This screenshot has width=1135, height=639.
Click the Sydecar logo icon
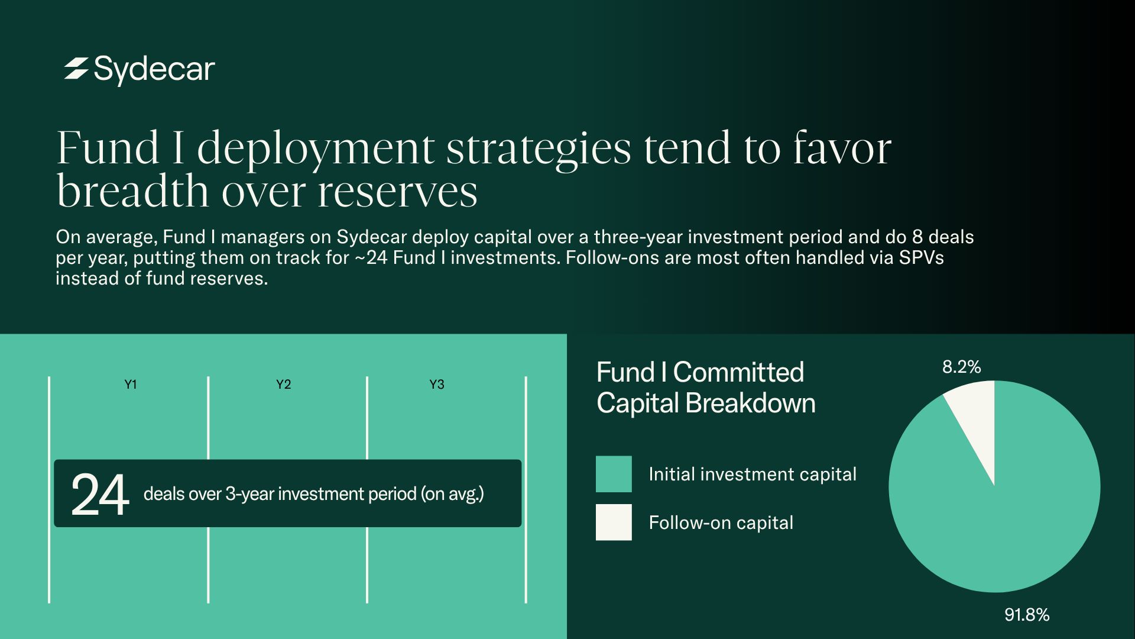tap(76, 69)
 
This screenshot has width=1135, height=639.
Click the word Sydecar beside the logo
tap(154, 70)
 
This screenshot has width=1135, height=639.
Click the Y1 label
tap(131, 385)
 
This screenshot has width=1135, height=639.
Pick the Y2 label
tap(284, 385)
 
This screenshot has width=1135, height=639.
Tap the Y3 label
tap(437, 385)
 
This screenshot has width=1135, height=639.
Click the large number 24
tap(100, 495)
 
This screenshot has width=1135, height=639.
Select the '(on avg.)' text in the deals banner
tap(452, 494)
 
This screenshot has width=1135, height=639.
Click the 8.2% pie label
tap(962, 367)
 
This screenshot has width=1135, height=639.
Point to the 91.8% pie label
tap(1027, 615)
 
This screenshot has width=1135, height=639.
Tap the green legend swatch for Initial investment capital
tap(614, 474)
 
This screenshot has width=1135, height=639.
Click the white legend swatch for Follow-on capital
tap(614, 522)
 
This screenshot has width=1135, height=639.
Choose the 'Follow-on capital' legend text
tap(721, 522)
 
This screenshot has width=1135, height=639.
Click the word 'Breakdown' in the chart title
tap(750, 404)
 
